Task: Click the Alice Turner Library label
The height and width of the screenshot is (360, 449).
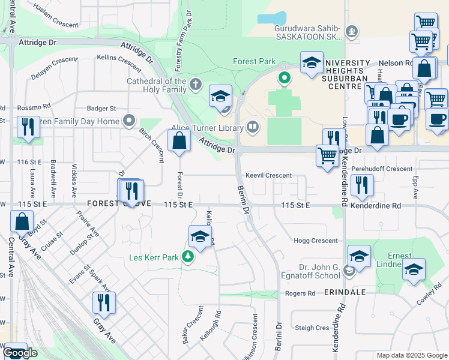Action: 207,127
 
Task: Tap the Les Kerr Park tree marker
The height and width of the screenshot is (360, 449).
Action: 188,257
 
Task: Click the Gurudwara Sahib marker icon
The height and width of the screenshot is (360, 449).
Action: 352,31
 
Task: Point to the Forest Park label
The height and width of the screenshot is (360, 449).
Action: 253,61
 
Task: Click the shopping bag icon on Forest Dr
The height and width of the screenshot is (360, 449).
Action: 179,142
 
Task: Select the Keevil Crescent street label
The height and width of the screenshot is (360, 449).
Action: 268,176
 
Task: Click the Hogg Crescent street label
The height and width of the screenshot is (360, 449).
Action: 316,240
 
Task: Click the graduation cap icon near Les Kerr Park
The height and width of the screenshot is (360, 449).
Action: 200,237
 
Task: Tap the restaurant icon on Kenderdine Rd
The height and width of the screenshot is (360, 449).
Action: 361,185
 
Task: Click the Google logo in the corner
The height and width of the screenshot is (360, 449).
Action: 20,353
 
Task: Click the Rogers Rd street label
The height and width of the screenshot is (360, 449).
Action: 300,293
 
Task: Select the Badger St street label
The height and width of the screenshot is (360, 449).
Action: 101,109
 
